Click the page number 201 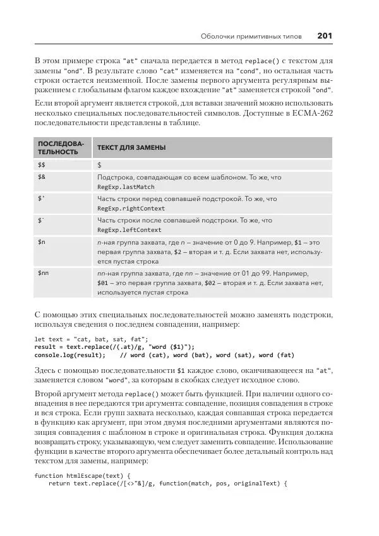[324, 35]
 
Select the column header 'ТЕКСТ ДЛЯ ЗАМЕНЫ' [132, 147]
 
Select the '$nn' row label [44, 272]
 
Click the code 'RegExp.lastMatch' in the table [126, 187]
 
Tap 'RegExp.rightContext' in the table [131, 209]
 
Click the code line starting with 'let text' [91, 339]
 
